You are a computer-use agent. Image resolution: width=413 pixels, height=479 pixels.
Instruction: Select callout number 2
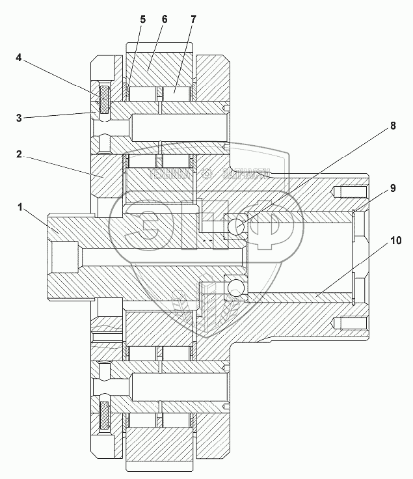click(20, 155)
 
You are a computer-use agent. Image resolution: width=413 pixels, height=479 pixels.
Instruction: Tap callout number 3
click(20, 117)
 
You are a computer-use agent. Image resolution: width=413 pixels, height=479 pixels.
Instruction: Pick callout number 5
click(142, 19)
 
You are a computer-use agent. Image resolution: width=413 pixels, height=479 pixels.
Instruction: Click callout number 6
click(165, 19)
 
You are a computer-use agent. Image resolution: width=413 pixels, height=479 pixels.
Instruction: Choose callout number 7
click(193, 19)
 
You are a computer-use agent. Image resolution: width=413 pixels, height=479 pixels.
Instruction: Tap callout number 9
click(392, 188)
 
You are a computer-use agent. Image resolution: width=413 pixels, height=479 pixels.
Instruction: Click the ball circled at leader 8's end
click(235, 227)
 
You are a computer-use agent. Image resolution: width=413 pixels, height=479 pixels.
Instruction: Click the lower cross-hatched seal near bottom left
click(104, 416)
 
